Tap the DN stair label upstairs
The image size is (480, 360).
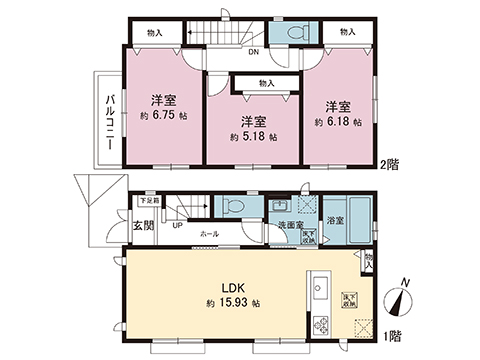(x=253, y=52)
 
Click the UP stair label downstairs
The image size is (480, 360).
(x=178, y=225)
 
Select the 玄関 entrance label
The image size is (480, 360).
(x=142, y=226)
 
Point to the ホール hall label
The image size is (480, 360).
(x=210, y=233)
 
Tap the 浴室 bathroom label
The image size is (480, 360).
(x=335, y=220)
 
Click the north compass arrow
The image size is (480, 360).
(x=405, y=299)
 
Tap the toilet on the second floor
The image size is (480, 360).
(x=297, y=33)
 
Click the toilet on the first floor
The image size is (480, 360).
(x=230, y=206)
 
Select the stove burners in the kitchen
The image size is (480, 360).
(x=322, y=325)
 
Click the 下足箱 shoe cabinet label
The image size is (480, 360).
(x=149, y=201)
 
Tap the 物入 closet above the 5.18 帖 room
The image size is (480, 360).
(x=265, y=84)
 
